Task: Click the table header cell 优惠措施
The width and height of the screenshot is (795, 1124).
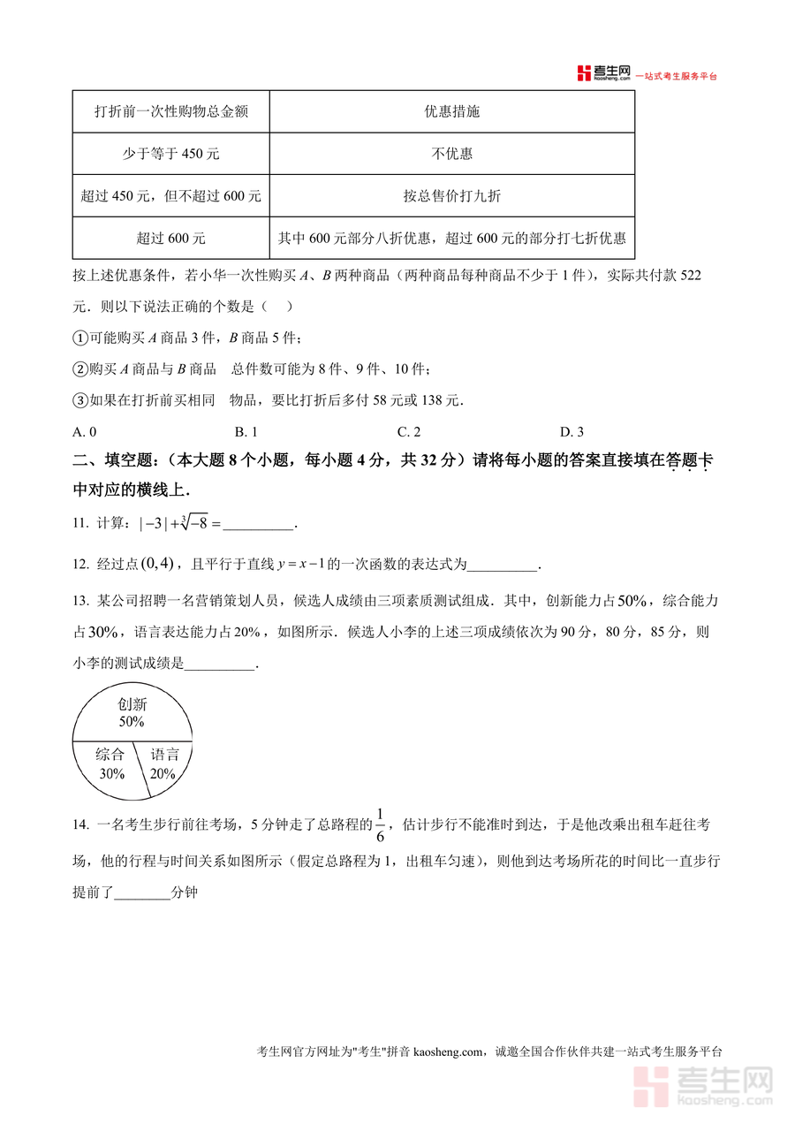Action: (451, 112)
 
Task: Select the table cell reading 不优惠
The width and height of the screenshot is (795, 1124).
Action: (451, 154)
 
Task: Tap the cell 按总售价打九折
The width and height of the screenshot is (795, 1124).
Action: (451, 196)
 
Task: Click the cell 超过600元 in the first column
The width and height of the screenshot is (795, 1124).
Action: (170, 239)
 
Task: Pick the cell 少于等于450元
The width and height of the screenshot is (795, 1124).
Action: (170, 154)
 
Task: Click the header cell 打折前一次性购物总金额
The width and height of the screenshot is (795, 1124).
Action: (170, 112)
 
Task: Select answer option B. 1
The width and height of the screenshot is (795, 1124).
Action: (246, 432)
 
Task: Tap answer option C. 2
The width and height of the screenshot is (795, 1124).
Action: (408, 432)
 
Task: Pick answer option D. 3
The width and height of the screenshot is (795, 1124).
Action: (572, 432)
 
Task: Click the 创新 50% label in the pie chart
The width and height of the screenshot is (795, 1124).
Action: (132, 713)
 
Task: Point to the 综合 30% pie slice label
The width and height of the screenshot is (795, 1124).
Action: (111, 764)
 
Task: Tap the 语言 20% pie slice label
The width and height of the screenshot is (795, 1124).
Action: (164, 764)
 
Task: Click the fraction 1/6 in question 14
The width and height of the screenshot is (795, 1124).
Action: (381, 824)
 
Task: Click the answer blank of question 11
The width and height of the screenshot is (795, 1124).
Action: (258, 525)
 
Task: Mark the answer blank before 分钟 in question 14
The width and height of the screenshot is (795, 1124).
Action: (142, 894)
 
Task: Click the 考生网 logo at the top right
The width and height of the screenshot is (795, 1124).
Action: (604, 73)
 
